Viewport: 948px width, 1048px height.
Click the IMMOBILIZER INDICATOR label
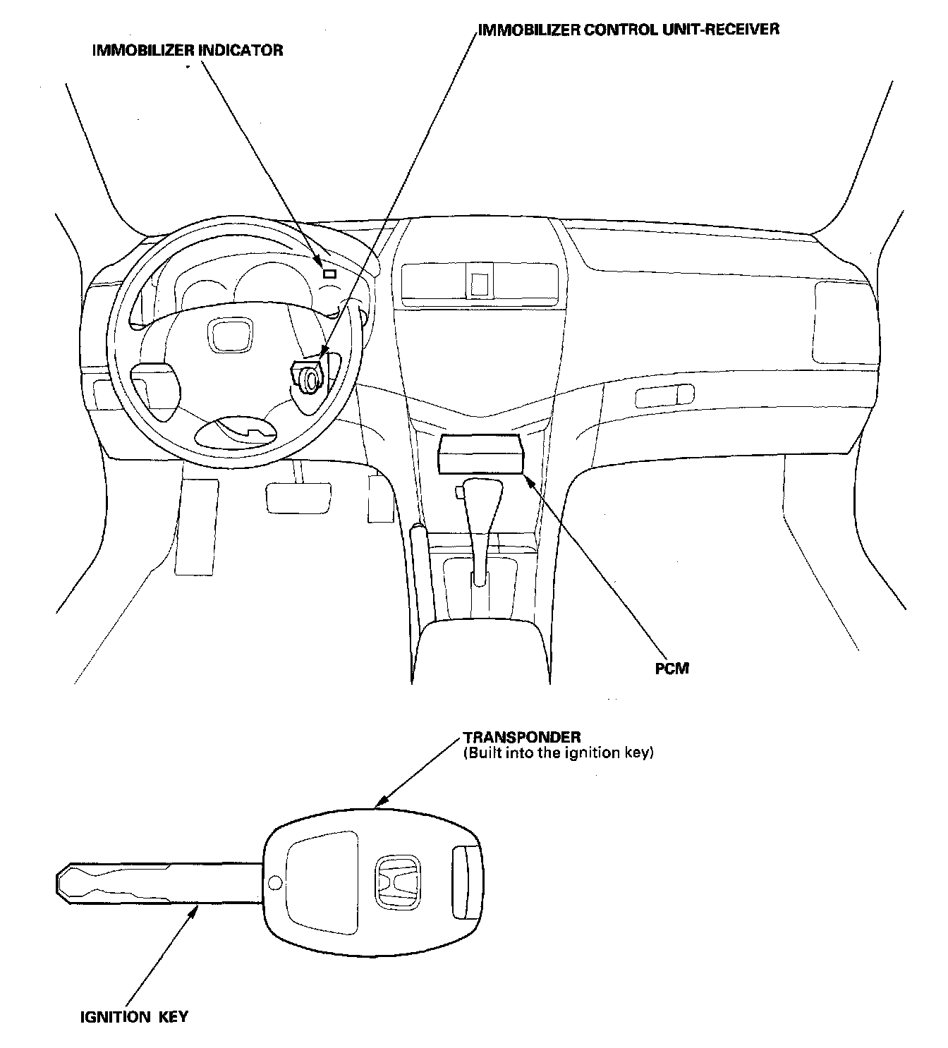click(188, 50)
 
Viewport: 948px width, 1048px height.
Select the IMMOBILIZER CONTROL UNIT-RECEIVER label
click(628, 30)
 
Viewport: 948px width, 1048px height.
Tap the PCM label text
click(671, 668)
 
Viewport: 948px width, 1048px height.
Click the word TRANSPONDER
click(522, 737)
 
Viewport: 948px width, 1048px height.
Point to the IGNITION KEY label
click(134, 1016)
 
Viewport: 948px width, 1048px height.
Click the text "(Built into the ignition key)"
click(558, 753)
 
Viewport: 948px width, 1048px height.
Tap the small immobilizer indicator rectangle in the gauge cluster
click(329, 274)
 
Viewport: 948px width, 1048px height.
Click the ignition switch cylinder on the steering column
click(308, 379)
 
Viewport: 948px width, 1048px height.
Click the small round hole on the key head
click(275, 882)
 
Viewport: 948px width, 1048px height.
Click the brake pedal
click(298, 496)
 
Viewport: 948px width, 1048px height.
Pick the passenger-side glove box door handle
click(664, 396)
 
